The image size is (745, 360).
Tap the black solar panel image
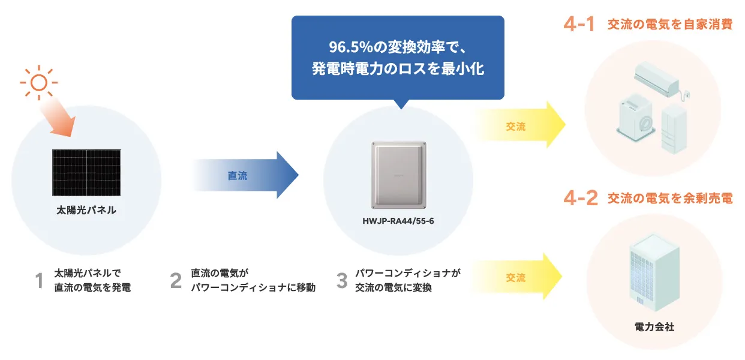[86, 173]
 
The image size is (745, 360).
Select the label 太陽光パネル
[86, 210]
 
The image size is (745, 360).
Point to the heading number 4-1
[579, 25]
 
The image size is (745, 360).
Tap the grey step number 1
[40, 281]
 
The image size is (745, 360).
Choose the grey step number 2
[176, 281]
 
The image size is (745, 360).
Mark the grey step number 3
[342, 281]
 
